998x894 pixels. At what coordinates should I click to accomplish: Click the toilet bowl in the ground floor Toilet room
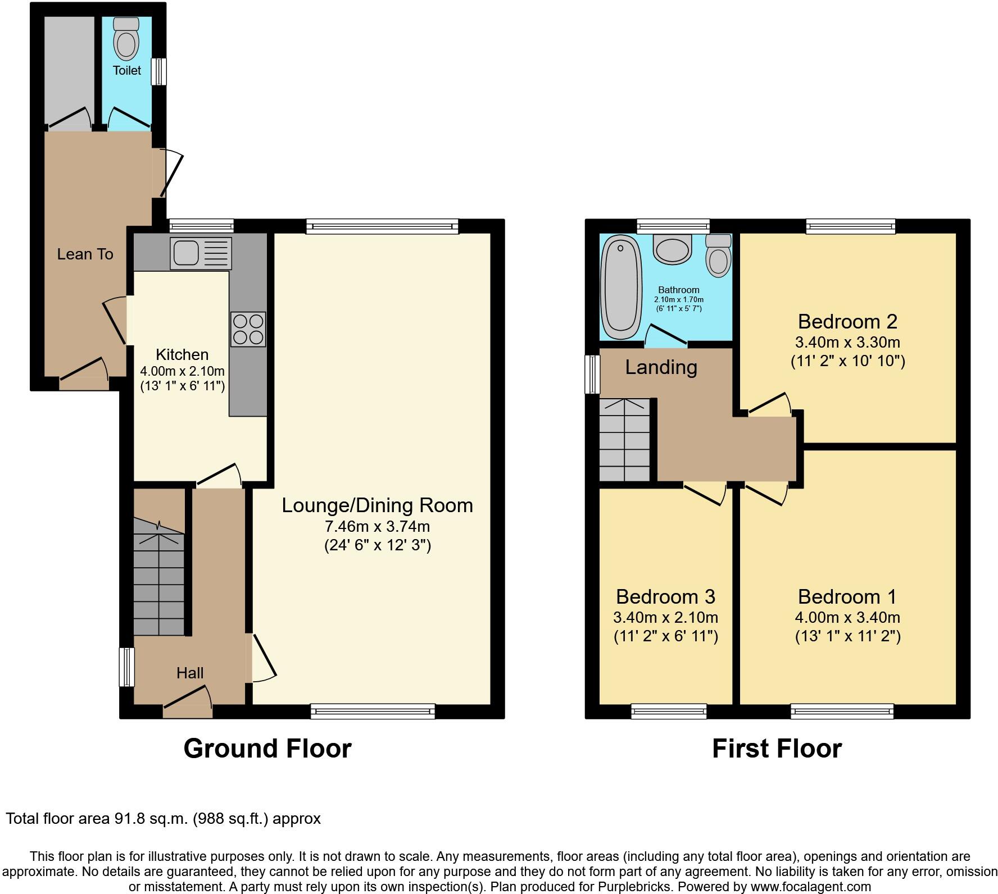pos(126,42)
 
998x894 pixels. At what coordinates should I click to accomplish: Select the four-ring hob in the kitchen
pos(248,329)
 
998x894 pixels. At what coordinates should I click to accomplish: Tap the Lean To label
pos(85,254)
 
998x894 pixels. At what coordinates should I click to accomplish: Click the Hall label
pos(190,673)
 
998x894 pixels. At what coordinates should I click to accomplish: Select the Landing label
pos(661,367)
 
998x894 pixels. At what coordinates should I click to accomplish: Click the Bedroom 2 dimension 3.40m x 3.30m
pos(847,342)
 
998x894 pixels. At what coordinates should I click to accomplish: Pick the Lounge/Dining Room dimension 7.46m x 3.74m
pos(377,527)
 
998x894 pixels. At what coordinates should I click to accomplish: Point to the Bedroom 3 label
pos(665,596)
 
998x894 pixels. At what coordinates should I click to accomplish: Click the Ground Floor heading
pos(267,749)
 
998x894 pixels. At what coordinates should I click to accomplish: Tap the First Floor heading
pos(777,749)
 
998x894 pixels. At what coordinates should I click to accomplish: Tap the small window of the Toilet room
pos(160,71)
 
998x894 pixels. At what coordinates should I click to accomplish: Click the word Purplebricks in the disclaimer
pos(638,887)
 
